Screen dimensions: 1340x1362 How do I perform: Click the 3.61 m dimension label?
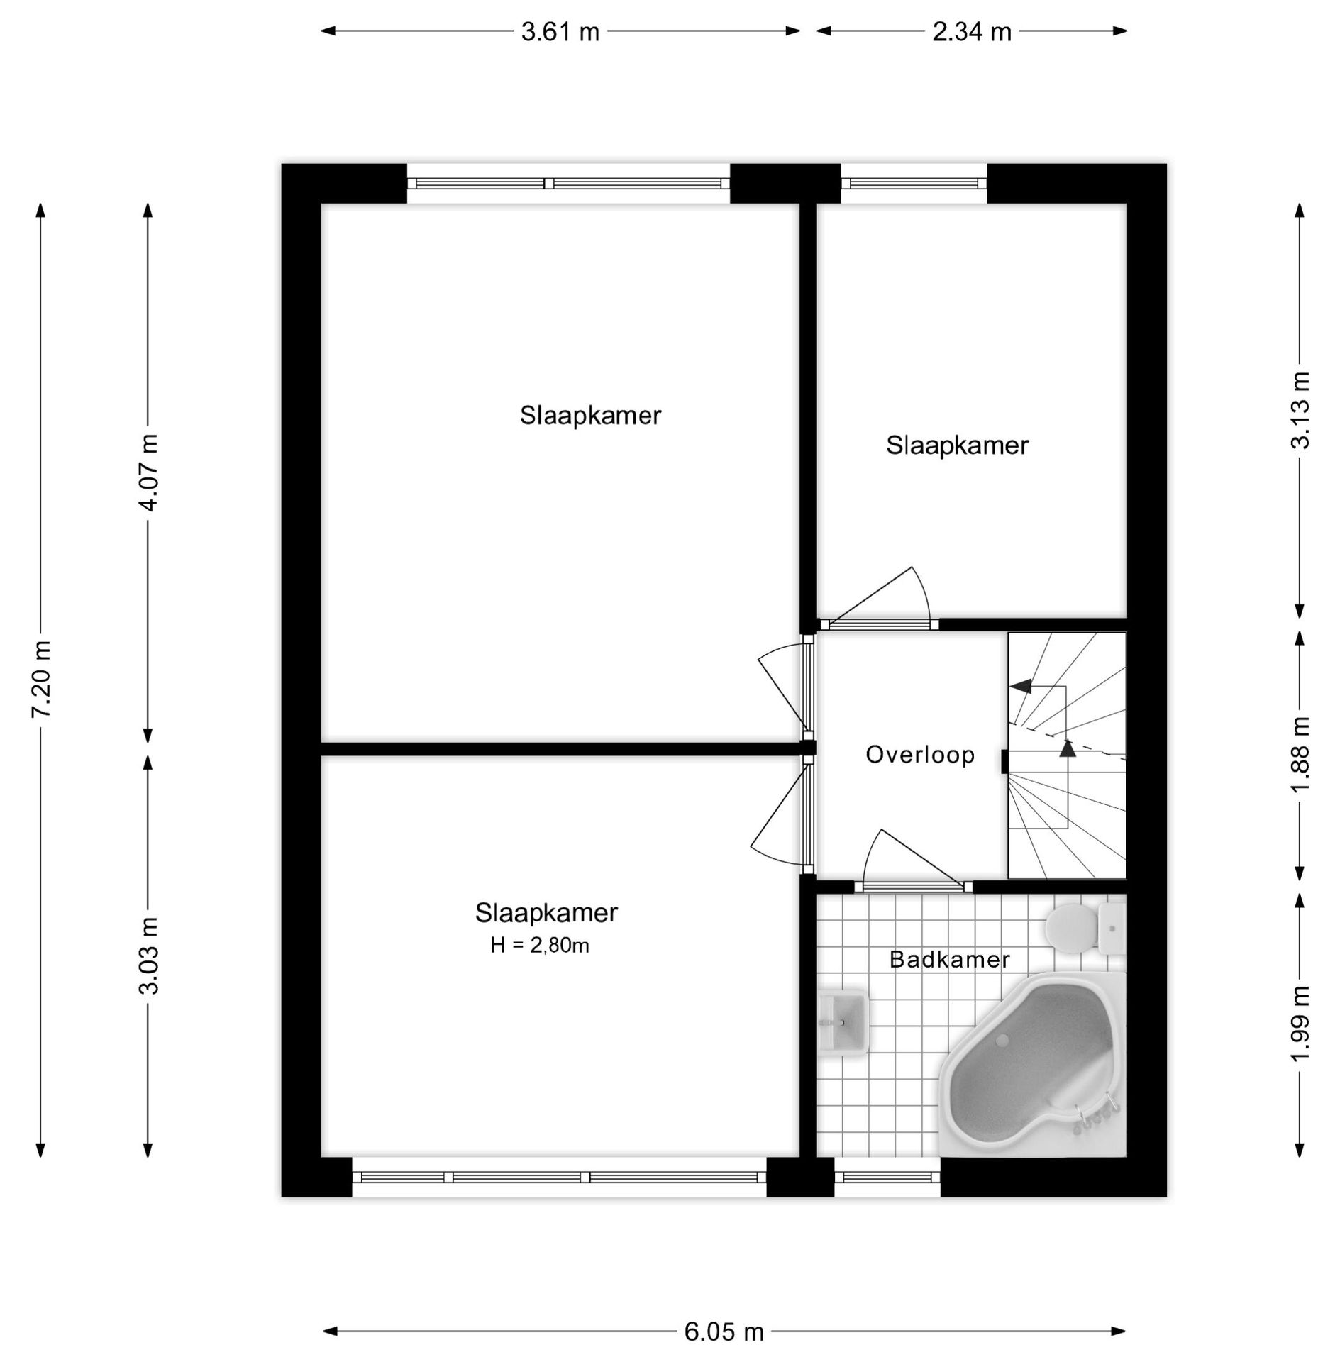tap(560, 32)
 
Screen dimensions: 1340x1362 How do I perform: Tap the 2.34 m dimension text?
tap(971, 32)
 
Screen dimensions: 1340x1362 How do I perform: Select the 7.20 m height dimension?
tap(41, 678)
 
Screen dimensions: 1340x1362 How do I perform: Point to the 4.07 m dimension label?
tap(149, 472)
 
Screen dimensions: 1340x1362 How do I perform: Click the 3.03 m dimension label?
tap(149, 956)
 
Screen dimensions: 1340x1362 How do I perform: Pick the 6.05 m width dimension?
tap(724, 1332)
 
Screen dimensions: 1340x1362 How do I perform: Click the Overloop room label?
tap(920, 754)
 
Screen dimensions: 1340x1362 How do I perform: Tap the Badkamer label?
tap(949, 959)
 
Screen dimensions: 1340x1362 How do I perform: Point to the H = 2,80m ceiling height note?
tap(540, 945)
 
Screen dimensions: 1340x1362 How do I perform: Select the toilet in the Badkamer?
tap(1085, 926)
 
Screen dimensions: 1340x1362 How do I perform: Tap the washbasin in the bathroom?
tap(843, 1022)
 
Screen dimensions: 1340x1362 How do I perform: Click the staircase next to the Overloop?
tap(1067, 755)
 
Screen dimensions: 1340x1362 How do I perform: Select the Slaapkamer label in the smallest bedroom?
tap(957, 445)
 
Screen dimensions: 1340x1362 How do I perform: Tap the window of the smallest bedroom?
tap(914, 183)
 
